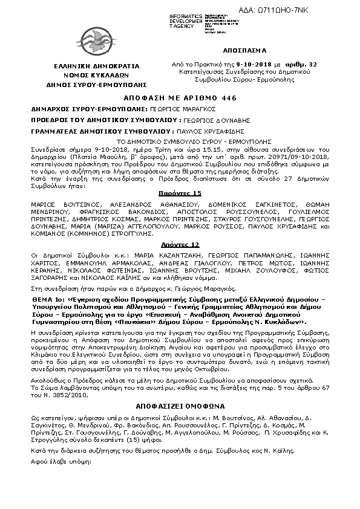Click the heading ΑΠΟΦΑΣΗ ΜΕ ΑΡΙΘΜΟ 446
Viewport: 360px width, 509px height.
(x=180, y=98)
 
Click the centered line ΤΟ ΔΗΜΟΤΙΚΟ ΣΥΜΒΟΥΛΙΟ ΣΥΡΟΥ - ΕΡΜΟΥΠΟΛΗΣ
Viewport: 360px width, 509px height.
(x=179, y=139)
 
